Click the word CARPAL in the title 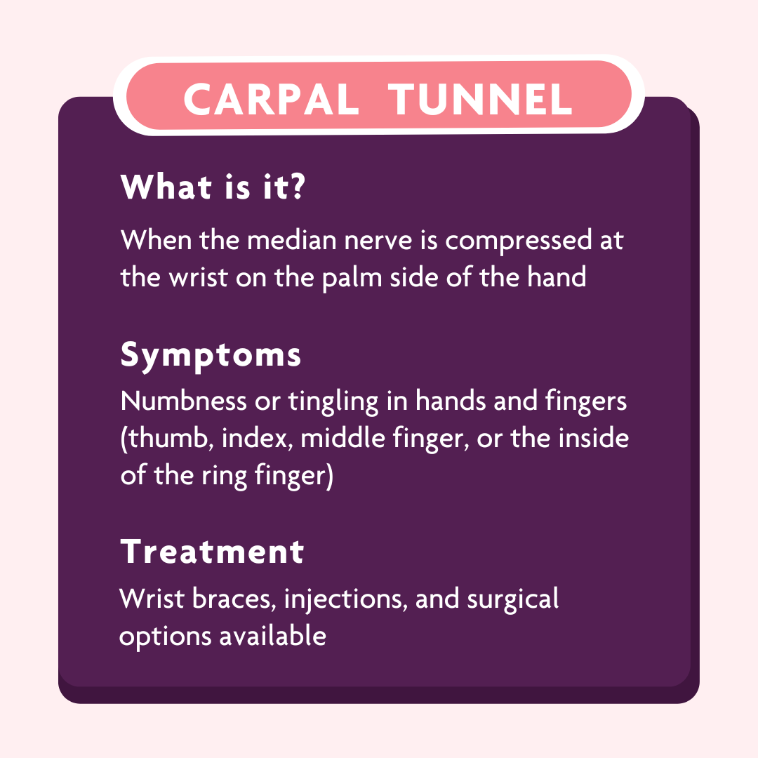coord(272,99)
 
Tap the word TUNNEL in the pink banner coord(481,99)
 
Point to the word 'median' coord(291,240)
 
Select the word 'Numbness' coord(184,401)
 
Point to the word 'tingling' coord(333,401)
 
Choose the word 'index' coord(257,438)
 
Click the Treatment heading coord(212,552)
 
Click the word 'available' coord(272,635)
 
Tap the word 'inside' coord(594,437)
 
